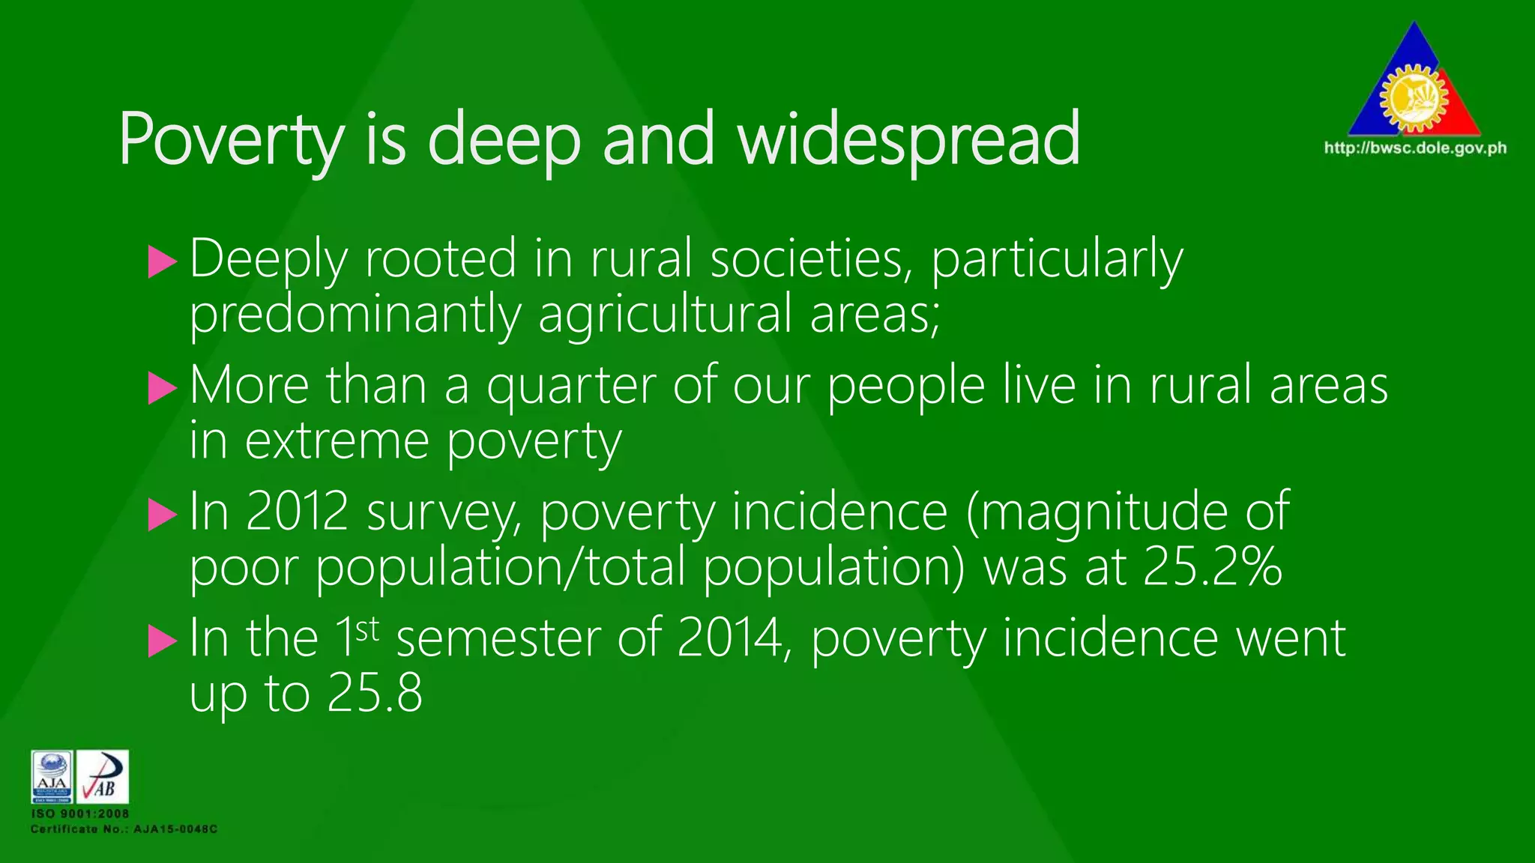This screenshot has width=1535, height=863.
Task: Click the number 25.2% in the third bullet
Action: click(x=1212, y=567)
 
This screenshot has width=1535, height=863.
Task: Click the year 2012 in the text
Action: click(x=298, y=512)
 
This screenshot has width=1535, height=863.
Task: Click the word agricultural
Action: click(x=665, y=315)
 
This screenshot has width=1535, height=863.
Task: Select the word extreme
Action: click(x=337, y=440)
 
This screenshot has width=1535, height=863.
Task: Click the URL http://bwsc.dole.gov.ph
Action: click(x=1415, y=148)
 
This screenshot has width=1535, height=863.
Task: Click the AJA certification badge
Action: click(x=52, y=777)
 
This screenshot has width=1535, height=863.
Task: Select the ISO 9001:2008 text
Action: click(x=80, y=814)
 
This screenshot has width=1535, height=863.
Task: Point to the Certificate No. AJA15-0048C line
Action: click(x=124, y=829)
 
